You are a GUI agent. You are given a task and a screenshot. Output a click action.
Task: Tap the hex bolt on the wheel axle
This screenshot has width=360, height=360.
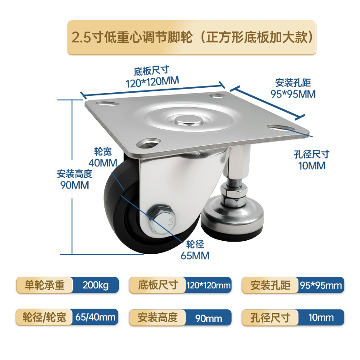coord(162,220)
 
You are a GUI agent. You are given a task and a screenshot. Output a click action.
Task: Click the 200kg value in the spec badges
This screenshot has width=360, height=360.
coord(95,285)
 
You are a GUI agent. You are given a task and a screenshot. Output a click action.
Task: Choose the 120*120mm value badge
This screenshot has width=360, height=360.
coord(208,285)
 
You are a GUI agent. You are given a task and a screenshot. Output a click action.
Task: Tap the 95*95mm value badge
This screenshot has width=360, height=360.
coord(321,285)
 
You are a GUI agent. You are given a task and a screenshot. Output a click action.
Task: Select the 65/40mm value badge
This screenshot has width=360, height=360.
coord(95,317)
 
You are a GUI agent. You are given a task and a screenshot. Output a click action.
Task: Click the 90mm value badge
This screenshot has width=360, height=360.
coord(208,318)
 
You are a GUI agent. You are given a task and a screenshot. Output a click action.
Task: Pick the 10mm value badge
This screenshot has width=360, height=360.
coord(321,318)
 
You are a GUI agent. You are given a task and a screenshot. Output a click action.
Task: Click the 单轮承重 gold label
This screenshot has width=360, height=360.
coord(45,285)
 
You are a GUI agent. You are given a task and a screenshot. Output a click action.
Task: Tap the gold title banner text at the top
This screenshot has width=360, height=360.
coord(192,37)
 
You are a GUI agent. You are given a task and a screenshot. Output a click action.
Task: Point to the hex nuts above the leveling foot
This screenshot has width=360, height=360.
coord(234,196)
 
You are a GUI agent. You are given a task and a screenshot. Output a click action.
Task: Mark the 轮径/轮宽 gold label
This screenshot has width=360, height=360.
coord(44,317)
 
